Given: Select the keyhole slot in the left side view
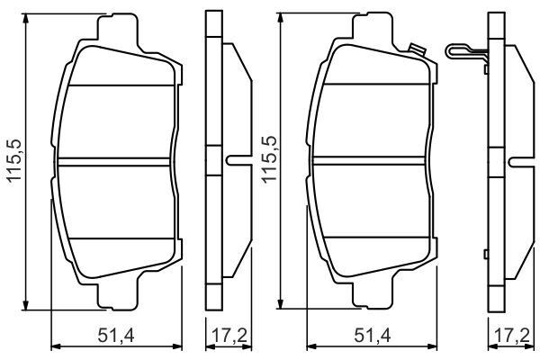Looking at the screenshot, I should click(x=237, y=162).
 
